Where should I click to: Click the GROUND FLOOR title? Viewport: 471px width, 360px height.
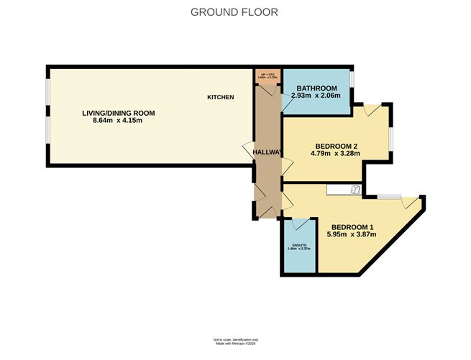click(x=234, y=12)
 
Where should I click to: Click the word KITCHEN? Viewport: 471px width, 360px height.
click(x=221, y=97)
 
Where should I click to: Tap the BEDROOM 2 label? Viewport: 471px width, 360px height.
click(x=334, y=144)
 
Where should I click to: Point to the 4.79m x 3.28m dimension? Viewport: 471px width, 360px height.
click(x=334, y=153)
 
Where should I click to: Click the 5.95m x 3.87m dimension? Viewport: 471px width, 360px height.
click(x=352, y=234)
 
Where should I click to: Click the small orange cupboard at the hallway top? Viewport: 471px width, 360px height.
click(x=267, y=75)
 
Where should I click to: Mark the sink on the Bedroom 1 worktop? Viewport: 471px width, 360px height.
click(x=355, y=189)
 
